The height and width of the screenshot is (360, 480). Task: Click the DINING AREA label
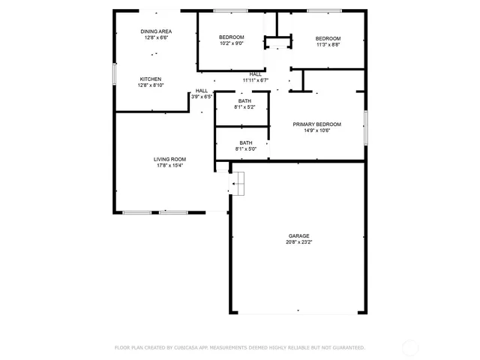click(156, 31)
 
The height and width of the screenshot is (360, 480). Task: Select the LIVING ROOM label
click(169, 159)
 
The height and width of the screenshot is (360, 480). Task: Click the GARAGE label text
click(298, 235)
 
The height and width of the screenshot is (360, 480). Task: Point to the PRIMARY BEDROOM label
click(322, 124)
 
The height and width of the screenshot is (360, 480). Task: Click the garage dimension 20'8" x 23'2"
click(298, 242)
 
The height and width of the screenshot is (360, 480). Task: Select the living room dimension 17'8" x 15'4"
click(169, 166)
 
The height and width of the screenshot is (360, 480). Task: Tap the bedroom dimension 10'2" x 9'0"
click(231, 43)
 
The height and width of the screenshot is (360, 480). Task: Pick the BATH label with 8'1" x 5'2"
click(244, 100)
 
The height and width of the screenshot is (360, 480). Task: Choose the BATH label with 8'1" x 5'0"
click(245, 142)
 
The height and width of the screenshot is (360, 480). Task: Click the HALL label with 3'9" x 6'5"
click(202, 91)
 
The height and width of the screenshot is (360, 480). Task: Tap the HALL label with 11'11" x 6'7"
click(256, 74)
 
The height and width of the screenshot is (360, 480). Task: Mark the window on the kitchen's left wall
click(114, 73)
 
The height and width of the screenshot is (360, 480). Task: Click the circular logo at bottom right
click(410, 347)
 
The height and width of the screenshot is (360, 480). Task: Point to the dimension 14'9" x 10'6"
click(322, 130)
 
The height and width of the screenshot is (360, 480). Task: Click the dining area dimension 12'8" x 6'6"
click(156, 37)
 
